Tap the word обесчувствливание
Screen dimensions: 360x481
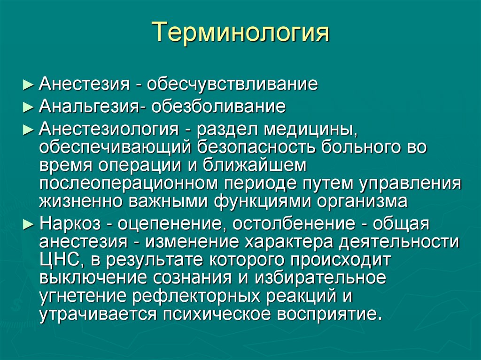232,85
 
